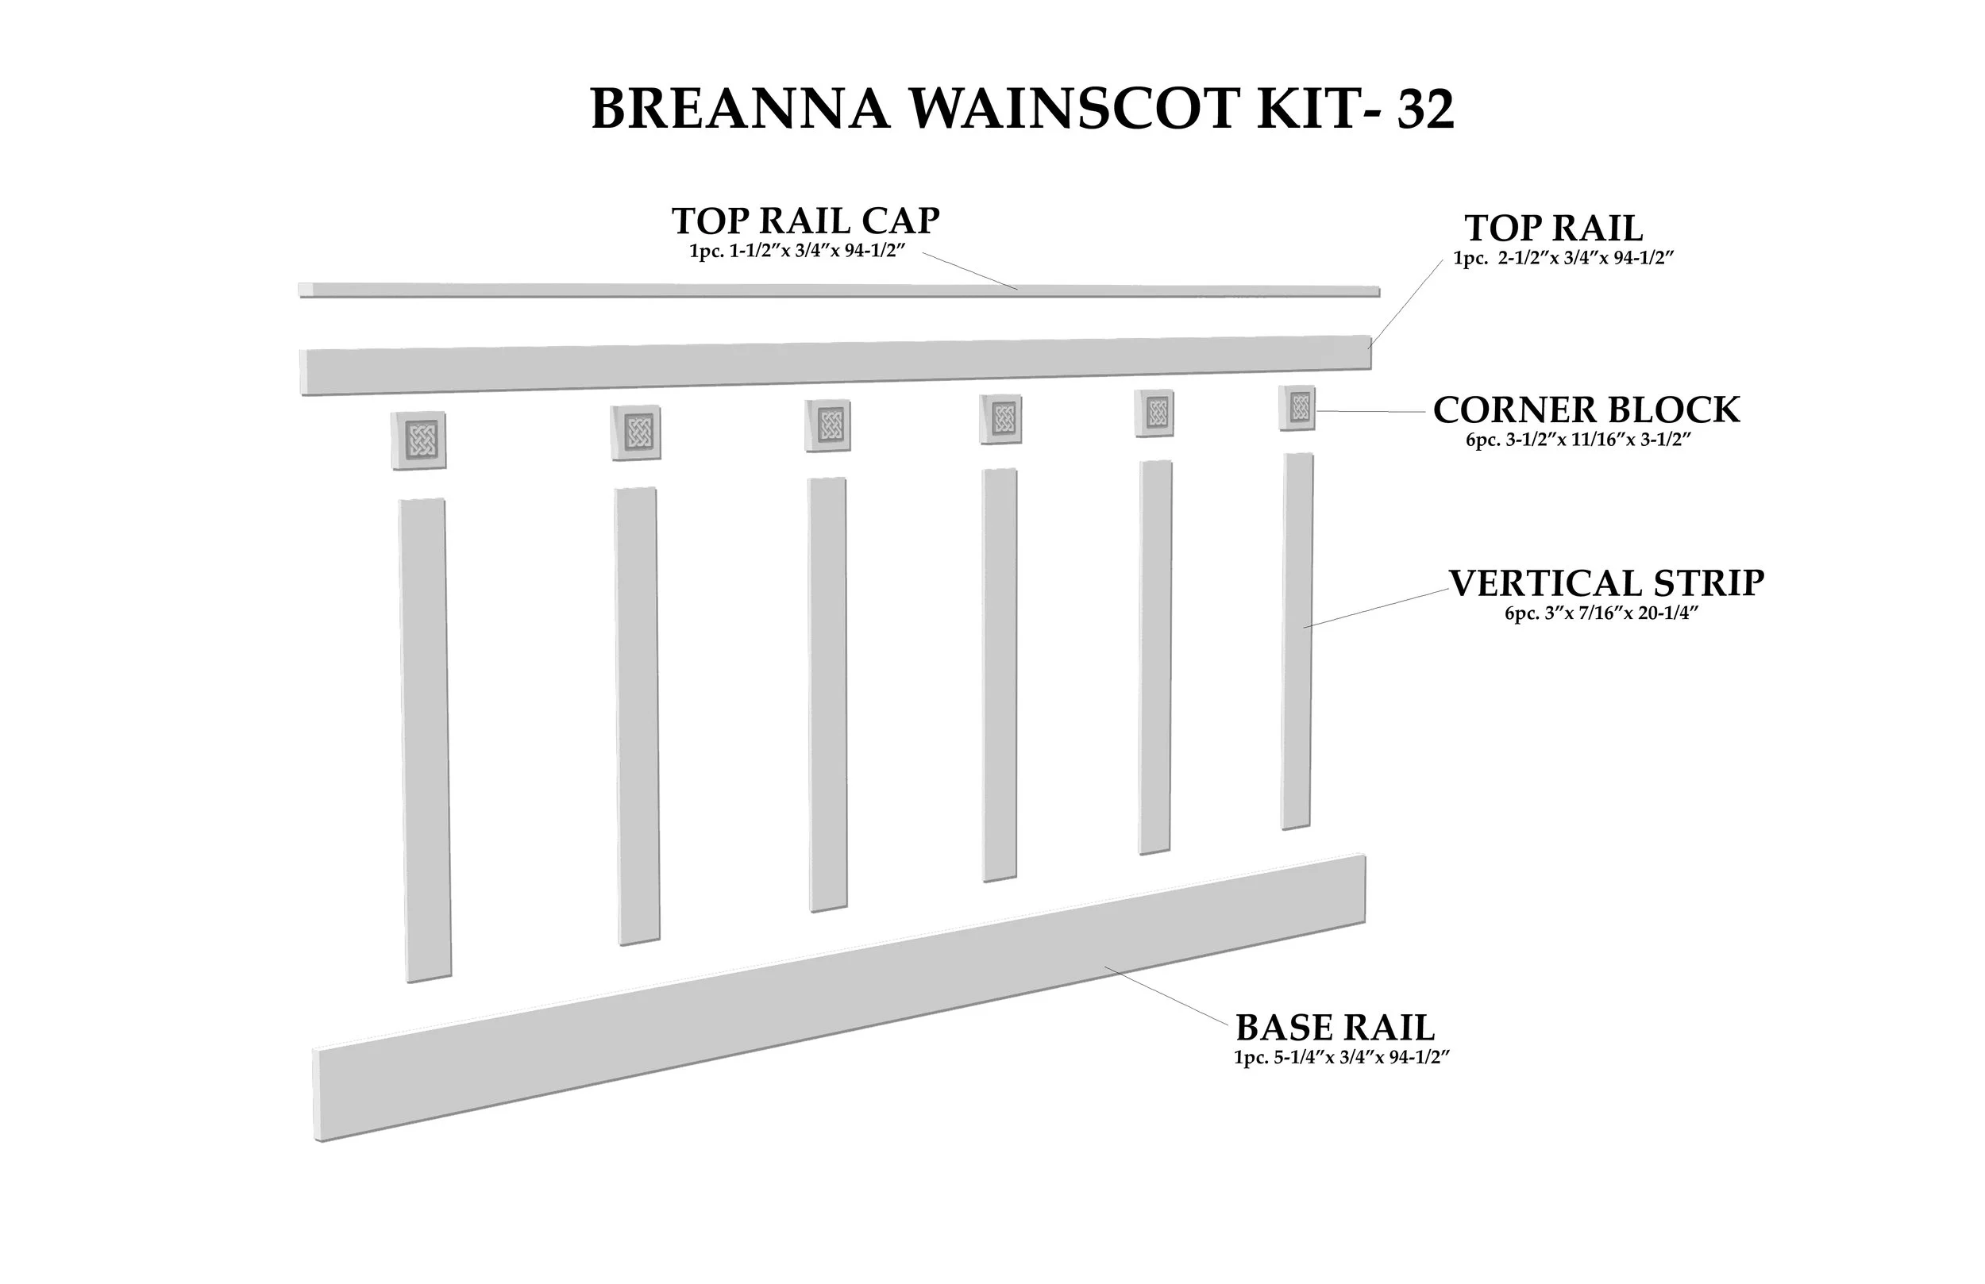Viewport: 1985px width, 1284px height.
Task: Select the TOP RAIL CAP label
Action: pyautogui.click(x=805, y=221)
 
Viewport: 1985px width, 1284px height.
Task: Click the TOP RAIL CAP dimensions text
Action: pyautogui.click(x=796, y=251)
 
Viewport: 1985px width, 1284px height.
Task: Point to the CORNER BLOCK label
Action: pyautogui.click(x=1586, y=410)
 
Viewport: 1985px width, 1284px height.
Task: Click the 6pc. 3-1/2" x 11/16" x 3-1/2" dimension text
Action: pyautogui.click(x=1578, y=440)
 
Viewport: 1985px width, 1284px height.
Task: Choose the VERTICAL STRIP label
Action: pyautogui.click(x=1605, y=582)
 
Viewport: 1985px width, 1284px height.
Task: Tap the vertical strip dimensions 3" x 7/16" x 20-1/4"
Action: pyautogui.click(x=1601, y=613)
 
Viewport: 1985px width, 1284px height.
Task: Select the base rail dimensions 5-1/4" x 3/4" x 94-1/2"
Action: pyautogui.click(x=1342, y=1057)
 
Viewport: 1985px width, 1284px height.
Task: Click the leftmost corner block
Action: pyautogui.click(x=418, y=440)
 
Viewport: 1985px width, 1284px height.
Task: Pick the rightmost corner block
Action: pyautogui.click(x=1297, y=408)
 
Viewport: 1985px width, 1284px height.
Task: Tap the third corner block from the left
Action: pyautogui.click(x=828, y=425)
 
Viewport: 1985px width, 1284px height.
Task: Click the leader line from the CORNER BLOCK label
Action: pyautogui.click(x=1370, y=412)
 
